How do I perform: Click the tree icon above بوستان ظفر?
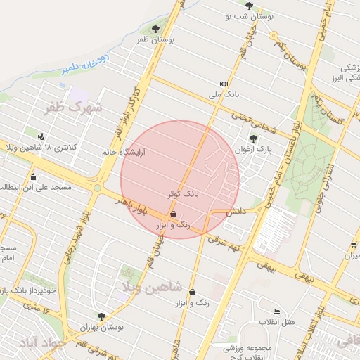(155, 29)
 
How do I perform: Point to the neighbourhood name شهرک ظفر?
(74, 108)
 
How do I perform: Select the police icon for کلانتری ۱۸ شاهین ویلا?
(41, 136)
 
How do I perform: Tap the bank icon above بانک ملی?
(224, 83)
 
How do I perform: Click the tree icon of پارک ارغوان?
(252, 139)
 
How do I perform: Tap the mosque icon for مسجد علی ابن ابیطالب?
(33, 176)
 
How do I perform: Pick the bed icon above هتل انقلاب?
(276, 311)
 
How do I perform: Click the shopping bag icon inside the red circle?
(173, 214)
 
